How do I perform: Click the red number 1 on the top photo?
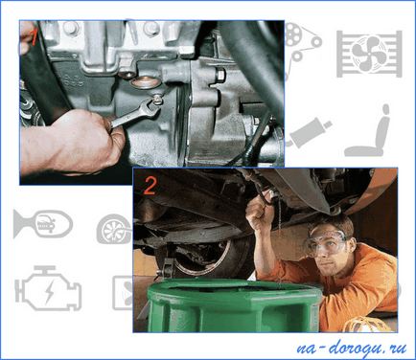[x=34, y=37]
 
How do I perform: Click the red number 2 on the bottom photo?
[x=150, y=186]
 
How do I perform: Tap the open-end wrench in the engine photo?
[x=134, y=113]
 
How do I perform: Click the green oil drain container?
[x=233, y=305]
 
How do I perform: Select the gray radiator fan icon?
[x=369, y=54]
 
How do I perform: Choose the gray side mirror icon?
[x=43, y=224]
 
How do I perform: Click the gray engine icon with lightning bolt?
[x=48, y=289]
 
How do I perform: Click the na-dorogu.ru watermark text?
[x=352, y=348]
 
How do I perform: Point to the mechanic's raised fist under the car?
[x=257, y=217]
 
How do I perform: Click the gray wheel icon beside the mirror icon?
[x=113, y=229]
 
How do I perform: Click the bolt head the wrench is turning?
[x=156, y=100]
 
